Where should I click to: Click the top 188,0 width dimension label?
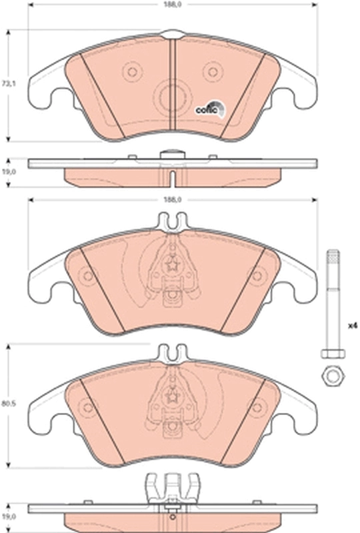click(x=173, y=4)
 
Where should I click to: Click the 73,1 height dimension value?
click(x=7, y=85)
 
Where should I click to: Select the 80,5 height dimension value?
click(x=7, y=402)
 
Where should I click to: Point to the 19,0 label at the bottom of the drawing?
click(x=7, y=516)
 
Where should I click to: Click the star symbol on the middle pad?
click(x=172, y=265)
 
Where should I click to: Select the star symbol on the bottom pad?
click(x=172, y=395)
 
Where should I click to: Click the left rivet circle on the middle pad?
click(x=87, y=276)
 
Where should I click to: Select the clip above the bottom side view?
click(x=171, y=486)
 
